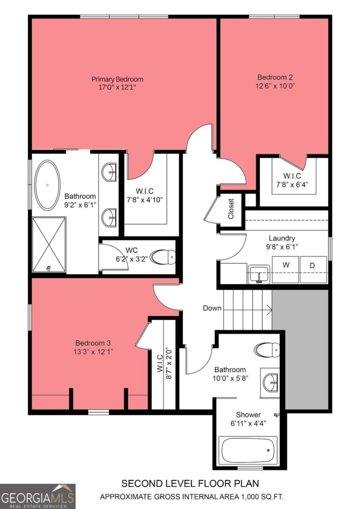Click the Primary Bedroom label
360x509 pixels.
click(118, 79)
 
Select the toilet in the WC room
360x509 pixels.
click(163, 257)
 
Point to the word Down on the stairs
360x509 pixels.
click(212, 308)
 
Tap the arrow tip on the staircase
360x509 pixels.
click(271, 310)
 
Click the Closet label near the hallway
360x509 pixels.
click(231, 209)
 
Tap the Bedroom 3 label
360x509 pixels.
click(93, 343)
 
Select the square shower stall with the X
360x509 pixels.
click(49, 244)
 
